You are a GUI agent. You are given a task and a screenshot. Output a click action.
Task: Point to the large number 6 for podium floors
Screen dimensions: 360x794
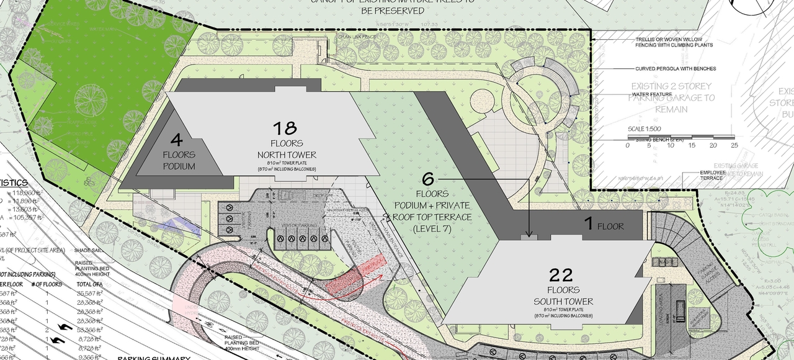click(x=428, y=179)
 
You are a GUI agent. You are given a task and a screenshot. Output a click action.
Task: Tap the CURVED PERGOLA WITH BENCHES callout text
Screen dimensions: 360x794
click(x=675, y=69)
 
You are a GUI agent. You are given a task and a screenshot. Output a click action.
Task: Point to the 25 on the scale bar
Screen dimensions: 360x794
click(x=734, y=145)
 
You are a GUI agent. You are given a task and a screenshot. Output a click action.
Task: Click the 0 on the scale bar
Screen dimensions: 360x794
click(x=628, y=145)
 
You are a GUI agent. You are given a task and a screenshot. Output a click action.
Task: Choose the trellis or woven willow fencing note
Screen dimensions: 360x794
click(x=674, y=42)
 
